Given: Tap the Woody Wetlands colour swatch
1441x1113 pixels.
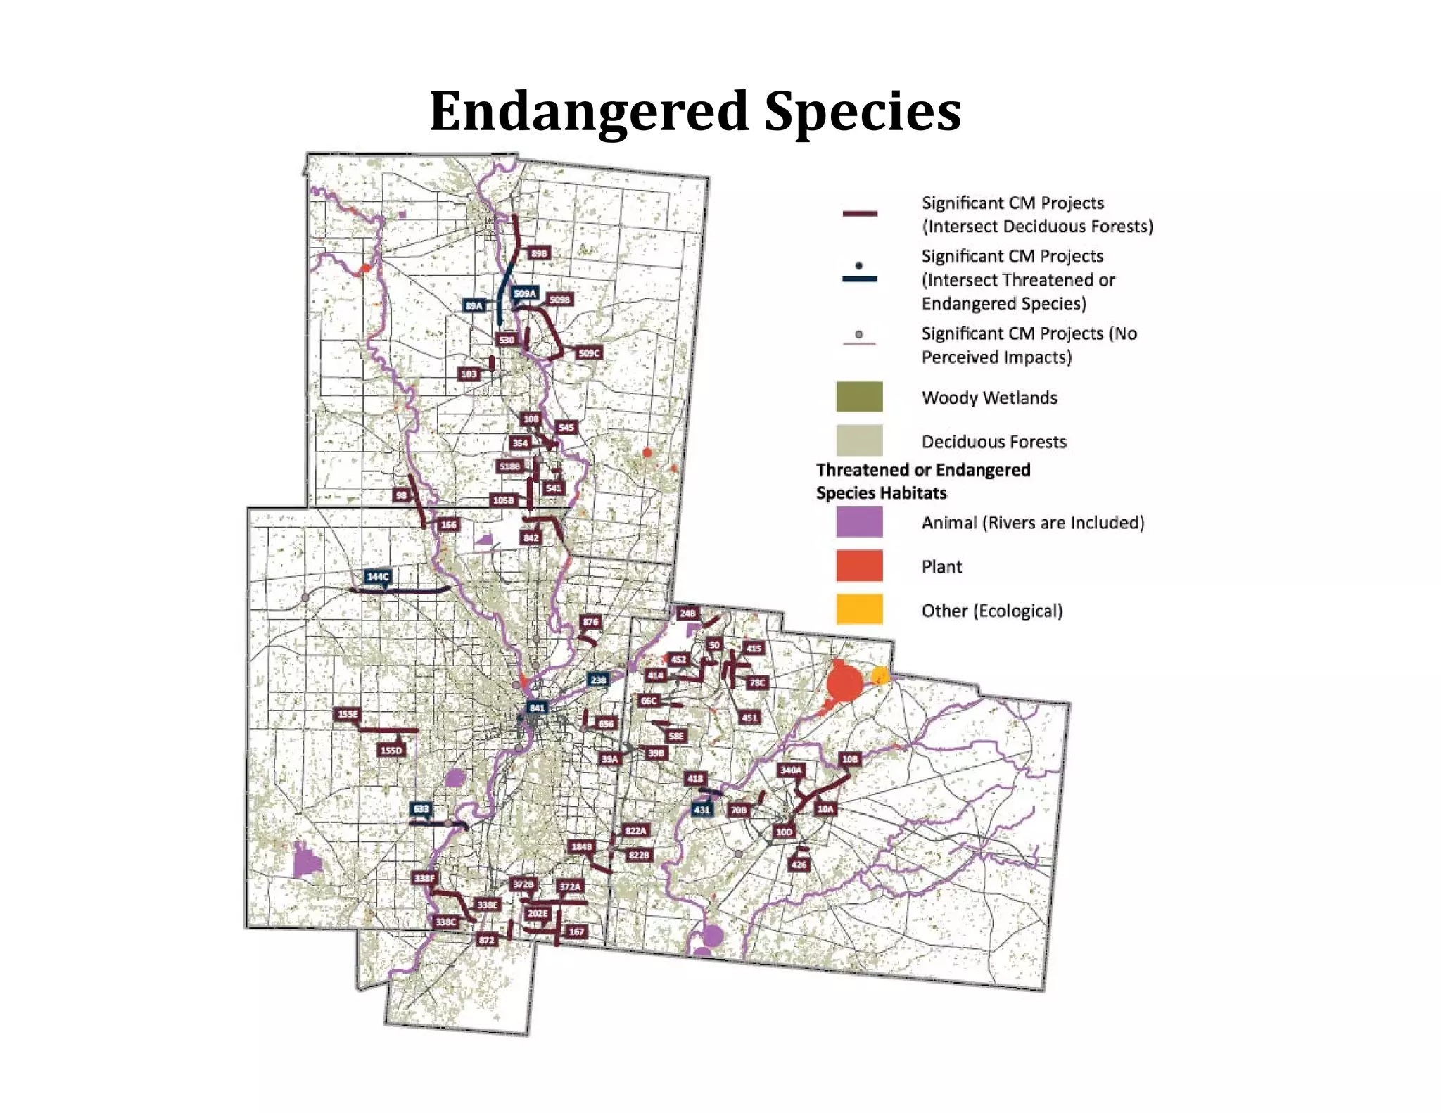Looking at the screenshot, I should pyautogui.click(x=859, y=397).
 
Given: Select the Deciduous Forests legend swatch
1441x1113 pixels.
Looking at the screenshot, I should pyautogui.click(x=859, y=440).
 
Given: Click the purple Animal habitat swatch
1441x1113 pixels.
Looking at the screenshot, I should pyautogui.click(x=859, y=522).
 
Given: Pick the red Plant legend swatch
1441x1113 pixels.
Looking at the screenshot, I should pyautogui.click(x=859, y=566).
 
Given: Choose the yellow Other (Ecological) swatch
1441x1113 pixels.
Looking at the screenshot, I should pyautogui.click(x=859, y=609).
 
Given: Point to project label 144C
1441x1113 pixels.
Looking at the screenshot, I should pyautogui.click(x=378, y=576).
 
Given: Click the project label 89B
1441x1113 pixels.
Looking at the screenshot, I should pyautogui.click(x=539, y=253).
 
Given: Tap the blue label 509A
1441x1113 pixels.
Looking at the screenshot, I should pyautogui.click(x=525, y=293).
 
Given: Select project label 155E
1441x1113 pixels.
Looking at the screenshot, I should pyautogui.click(x=348, y=714).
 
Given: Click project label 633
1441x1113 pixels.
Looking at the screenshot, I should pyautogui.click(x=421, y=808).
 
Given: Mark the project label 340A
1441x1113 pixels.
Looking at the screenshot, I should pyautogui.click(x=791, y=770).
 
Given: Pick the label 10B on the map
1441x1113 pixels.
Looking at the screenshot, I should pyautogui.click(x=850, y=759).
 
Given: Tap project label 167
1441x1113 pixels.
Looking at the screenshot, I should pyautogui.click(x=576, y=931).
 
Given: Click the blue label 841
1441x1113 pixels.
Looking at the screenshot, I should pyautogui.click(x=537, y=708).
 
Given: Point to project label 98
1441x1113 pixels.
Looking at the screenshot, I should pyautogui.click(x=401, y=495).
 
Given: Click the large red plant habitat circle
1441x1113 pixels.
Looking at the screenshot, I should pyautogui.click(x=844, y=682).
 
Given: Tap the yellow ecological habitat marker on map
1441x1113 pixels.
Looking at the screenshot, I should pyautogui.click(x=880, y=676).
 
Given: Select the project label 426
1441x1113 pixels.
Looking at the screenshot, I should pyautogui.click(x=799, y=865).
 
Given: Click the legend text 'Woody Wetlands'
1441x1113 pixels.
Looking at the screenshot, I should pyautogui.click(x=989, y=397).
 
